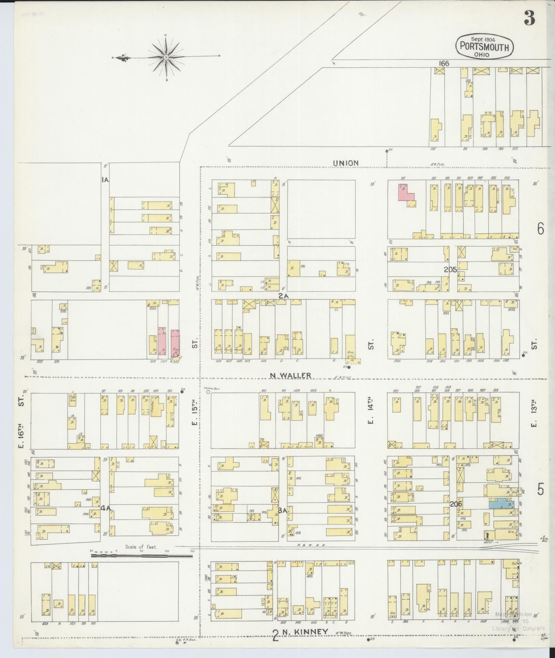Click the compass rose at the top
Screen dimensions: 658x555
(166, 57)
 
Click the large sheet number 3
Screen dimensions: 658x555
(529, 18)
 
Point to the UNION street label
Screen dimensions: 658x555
(346, 163)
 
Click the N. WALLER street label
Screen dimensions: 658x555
(290, 376)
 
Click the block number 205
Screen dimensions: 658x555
(450, 270)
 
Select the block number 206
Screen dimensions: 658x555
(455, 504)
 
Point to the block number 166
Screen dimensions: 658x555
(444, 64)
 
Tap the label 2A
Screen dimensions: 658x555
(283, 296)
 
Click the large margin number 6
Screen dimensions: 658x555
(540, 229)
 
